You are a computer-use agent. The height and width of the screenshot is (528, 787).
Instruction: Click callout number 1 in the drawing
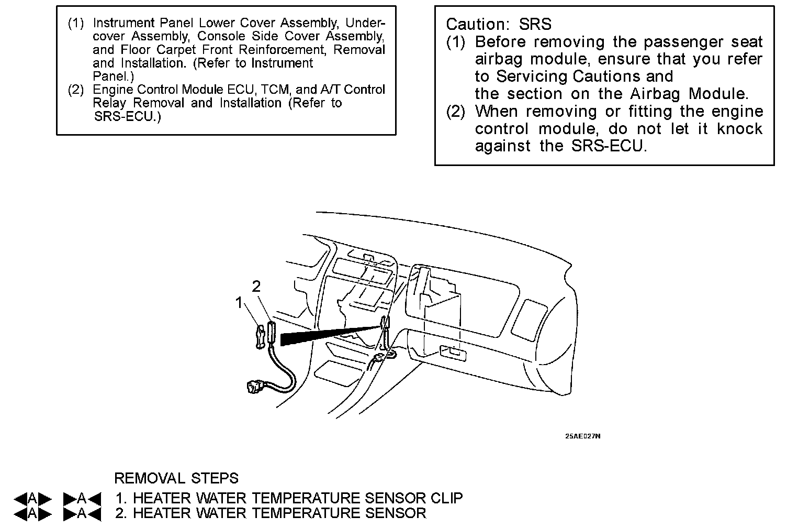239,303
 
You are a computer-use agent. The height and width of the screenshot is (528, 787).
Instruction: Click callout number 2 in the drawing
256,286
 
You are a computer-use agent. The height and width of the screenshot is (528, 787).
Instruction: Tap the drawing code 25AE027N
582,436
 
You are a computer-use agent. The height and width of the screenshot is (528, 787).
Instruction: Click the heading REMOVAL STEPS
176,478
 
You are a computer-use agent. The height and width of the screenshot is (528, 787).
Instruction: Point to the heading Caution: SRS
498,24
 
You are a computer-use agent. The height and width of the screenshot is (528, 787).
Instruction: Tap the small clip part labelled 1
260,336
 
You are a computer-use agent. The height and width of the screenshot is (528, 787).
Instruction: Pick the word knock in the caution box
739,129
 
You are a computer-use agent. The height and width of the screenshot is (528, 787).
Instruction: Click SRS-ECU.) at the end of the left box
127,116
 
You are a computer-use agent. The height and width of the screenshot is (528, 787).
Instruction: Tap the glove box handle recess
453,353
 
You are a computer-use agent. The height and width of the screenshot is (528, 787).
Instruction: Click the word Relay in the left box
109,103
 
